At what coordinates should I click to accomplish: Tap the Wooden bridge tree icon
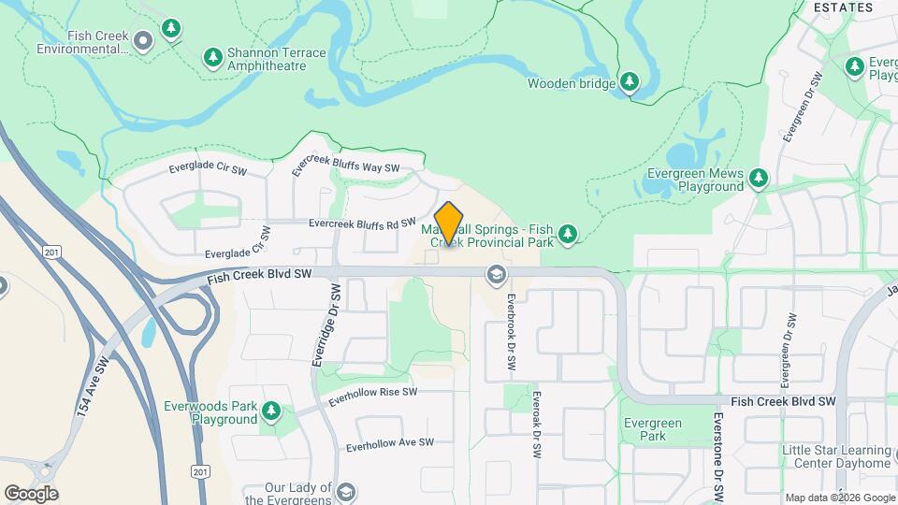coord(630,83)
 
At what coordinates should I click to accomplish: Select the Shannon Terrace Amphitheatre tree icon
coord(213,59)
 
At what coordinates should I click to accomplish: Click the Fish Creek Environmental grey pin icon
coord(143,40)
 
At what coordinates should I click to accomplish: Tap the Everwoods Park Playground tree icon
coord(271,411)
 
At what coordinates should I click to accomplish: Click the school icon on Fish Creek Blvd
coord(495,274)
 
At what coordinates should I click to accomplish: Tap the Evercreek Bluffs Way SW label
coord(345,163)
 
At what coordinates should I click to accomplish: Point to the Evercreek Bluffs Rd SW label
coord(362,224)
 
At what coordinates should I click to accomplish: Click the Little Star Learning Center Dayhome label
coord(836,456)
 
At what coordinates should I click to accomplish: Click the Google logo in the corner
coord(31,493)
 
